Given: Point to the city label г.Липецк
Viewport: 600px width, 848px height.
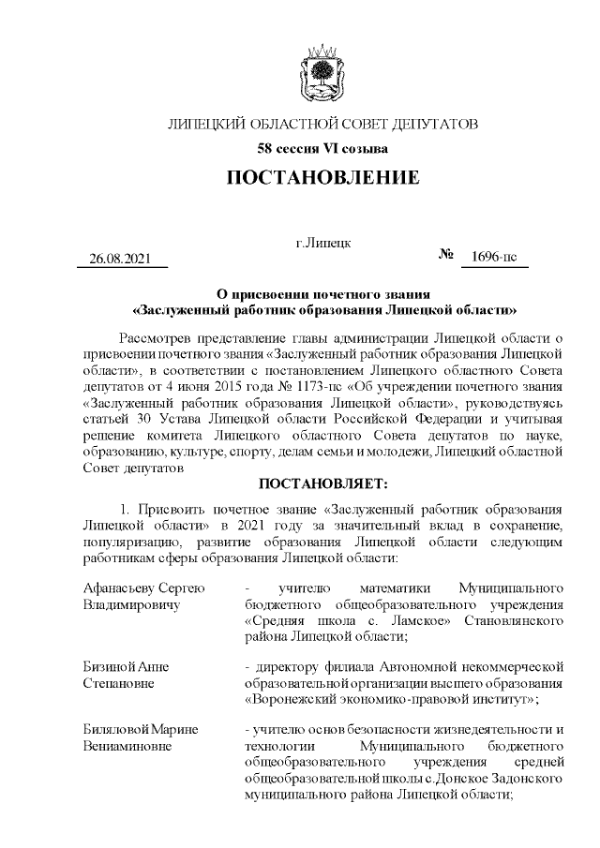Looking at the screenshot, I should [322, 243].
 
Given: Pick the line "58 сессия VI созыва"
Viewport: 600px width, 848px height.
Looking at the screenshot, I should [322, 148].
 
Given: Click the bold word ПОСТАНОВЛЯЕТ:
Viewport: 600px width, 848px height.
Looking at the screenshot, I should [322, 484].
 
